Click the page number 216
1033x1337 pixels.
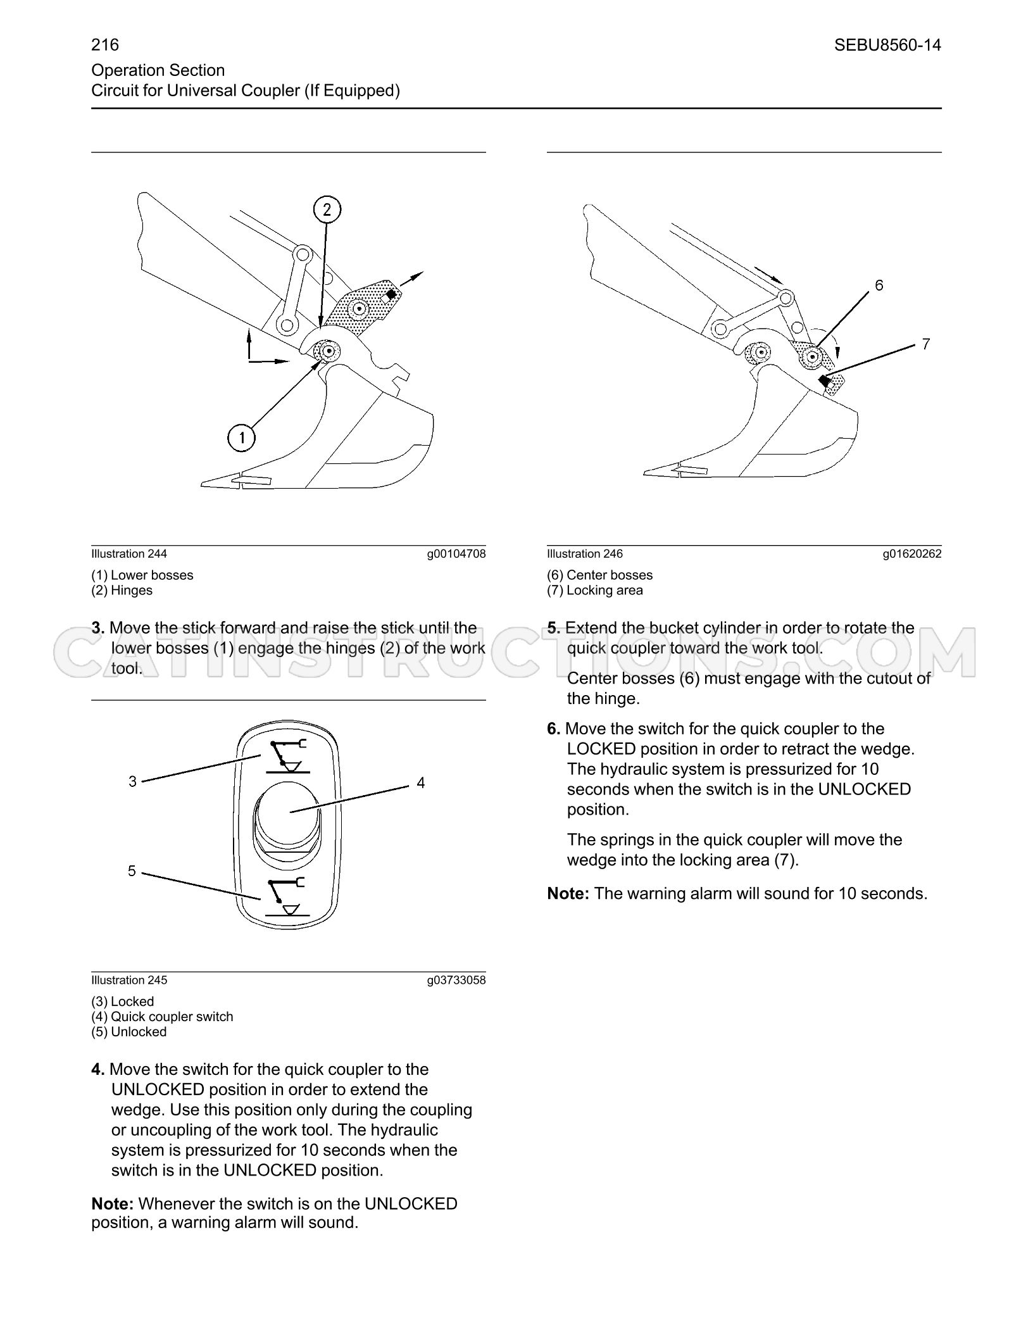point(105,45)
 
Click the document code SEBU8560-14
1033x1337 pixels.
point(887,45)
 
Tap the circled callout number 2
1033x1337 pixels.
point(327,210)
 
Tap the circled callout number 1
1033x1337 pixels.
point(241,437)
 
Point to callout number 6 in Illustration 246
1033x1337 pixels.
point(879,286)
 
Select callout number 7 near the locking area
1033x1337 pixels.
point(926,344)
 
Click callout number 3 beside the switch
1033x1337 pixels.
point(132,782)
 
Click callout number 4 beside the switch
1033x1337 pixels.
point(421,783)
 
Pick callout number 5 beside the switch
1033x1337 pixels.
point(132,871)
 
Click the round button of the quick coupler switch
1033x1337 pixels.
point(287,812)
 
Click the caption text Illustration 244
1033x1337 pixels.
point(129,554)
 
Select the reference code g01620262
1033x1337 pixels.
point(912,554)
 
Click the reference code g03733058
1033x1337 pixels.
point(456,981)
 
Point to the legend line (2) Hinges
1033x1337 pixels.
point(122,591)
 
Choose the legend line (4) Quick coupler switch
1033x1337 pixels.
point(163,1017)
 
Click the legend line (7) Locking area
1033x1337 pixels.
point(595,591)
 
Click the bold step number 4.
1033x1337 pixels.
point(98,1070)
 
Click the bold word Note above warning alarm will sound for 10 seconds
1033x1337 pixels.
point(568,894)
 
